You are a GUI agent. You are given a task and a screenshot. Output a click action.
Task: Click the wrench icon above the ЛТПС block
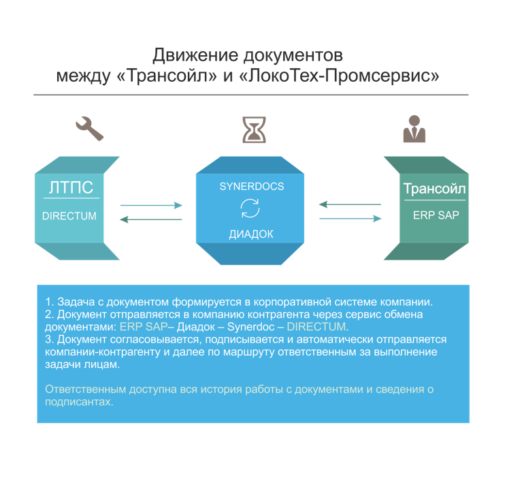(90, 128)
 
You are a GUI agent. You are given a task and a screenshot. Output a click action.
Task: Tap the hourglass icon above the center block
(254, 130)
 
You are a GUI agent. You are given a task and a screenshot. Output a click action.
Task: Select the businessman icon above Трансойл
(414, 129)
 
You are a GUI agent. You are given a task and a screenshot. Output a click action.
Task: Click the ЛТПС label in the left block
(71, 187)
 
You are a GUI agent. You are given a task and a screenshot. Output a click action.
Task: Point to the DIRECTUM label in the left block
(69, 216)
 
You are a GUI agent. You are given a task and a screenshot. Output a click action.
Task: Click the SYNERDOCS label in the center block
(252, 187)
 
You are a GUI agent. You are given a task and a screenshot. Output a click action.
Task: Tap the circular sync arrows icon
(250, 208)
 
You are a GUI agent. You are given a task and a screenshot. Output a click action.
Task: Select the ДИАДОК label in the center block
(251, 234)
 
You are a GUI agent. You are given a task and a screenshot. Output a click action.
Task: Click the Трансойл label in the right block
(435, 189)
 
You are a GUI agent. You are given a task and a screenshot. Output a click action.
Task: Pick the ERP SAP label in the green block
(436, 215)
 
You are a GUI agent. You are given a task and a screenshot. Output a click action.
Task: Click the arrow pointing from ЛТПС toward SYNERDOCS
(151, 205)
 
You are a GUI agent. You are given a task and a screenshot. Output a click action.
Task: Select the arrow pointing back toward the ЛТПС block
(150, 219)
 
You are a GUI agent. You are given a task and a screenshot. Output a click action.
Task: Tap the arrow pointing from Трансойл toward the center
(350, 204)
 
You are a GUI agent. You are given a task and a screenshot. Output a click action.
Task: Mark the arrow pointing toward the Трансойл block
(351, 219)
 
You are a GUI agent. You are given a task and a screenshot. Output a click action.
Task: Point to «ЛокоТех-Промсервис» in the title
(340, 76)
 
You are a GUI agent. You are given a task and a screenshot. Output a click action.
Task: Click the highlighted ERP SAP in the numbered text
(144, 326)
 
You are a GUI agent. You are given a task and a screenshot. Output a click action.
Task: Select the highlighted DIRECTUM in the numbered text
(316, 326)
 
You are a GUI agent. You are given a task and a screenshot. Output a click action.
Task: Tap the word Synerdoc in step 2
(251, 326)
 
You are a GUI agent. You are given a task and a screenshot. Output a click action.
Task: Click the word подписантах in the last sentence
(78, 402)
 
